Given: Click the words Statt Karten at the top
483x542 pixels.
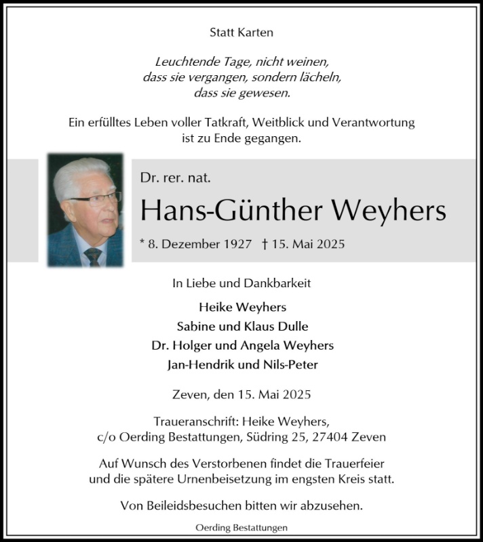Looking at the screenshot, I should click(241, 32).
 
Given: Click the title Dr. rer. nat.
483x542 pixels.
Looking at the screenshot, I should click(176, 179).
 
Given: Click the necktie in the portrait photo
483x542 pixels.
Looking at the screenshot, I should click(92, 257).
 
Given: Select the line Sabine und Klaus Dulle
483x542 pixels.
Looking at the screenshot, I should click(241, 325).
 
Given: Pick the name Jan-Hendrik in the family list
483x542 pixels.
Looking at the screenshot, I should click(200, 364).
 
